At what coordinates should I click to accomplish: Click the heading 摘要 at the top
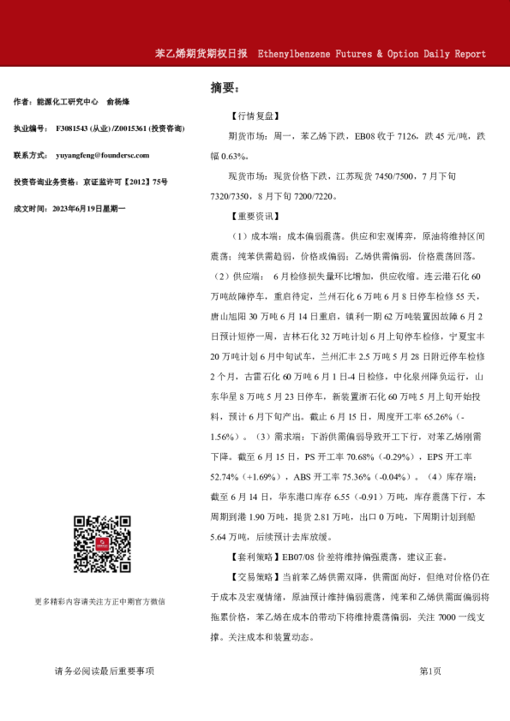click(225, 87)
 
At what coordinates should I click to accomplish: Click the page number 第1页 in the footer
click(430, 671)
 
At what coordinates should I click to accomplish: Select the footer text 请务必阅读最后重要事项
click(105, 671)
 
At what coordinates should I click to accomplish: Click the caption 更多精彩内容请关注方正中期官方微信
click(100, 601)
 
